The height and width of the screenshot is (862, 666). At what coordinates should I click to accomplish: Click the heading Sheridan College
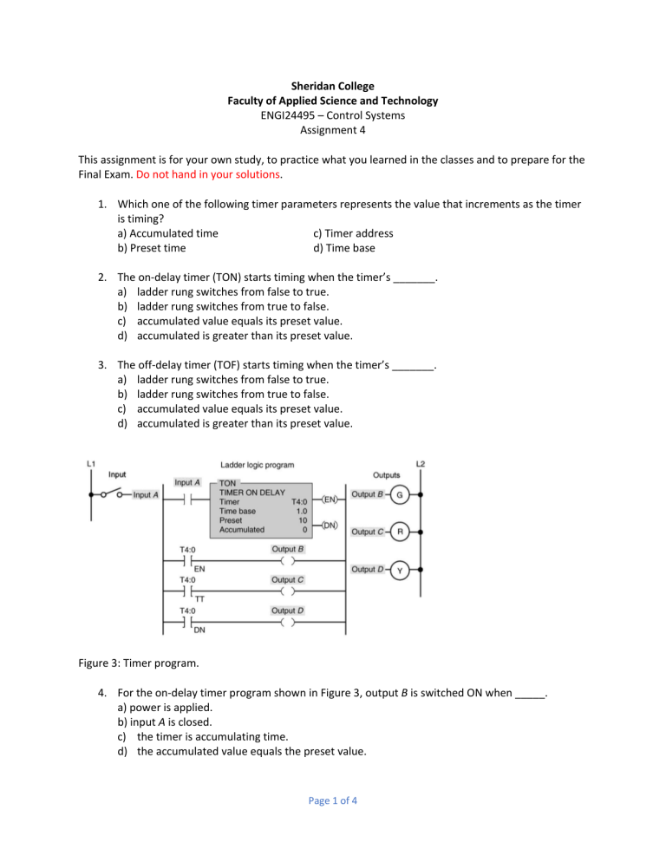tap(333, 87)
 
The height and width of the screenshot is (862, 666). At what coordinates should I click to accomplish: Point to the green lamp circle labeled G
tap(400, 495)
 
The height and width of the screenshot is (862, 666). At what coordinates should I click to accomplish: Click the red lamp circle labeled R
tap(400, 531)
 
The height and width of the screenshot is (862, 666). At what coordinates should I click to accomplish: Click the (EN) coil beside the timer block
tap(330, 499)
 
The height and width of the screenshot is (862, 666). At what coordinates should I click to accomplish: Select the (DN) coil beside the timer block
tap(330, 526)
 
